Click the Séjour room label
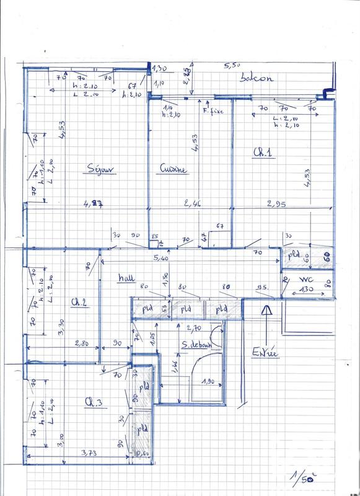pyautogui.click(x=102, y=169)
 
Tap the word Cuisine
pyautogui.click(x=173, y=169)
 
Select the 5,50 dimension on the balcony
pyautogui.click(x=232, y=64)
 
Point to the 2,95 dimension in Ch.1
pyautogui.click(x=276, y=203)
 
